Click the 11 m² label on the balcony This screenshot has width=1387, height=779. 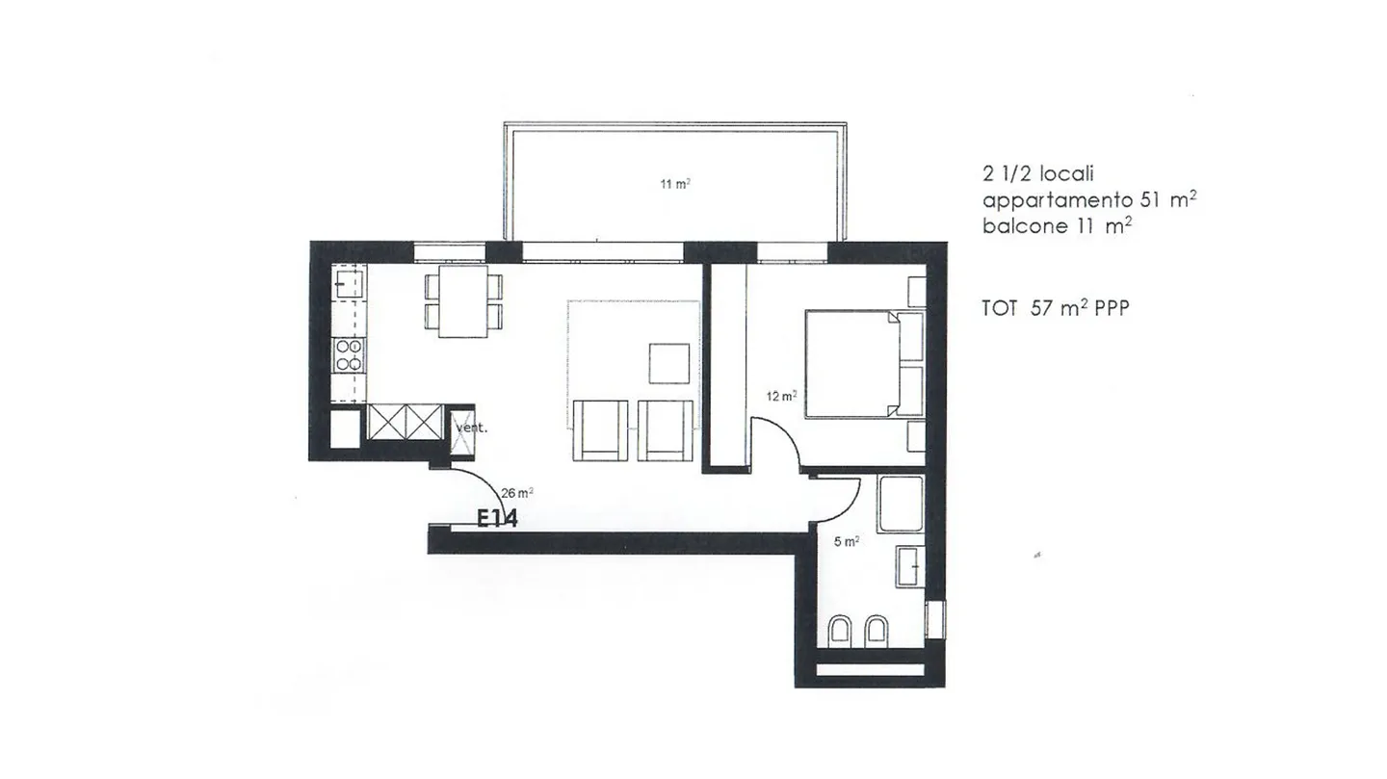coord(674,184)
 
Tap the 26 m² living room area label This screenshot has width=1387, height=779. coord(517,492)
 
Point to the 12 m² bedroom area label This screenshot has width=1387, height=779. coord(781,396)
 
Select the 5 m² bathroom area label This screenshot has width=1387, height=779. coord(846,542)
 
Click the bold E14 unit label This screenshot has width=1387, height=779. coord(498,519)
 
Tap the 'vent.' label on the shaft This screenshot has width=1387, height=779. coord(471,428)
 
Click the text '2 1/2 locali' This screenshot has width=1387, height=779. coord(1038,174)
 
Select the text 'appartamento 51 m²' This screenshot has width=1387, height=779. coord(1088,200)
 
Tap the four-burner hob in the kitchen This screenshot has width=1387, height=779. coord(349,355)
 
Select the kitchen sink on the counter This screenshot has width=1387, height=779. coord(349,283)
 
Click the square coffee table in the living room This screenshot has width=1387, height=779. coord(668,364)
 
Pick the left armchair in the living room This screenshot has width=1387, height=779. coord(600,429)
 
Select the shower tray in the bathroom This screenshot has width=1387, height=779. coord(901,502)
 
